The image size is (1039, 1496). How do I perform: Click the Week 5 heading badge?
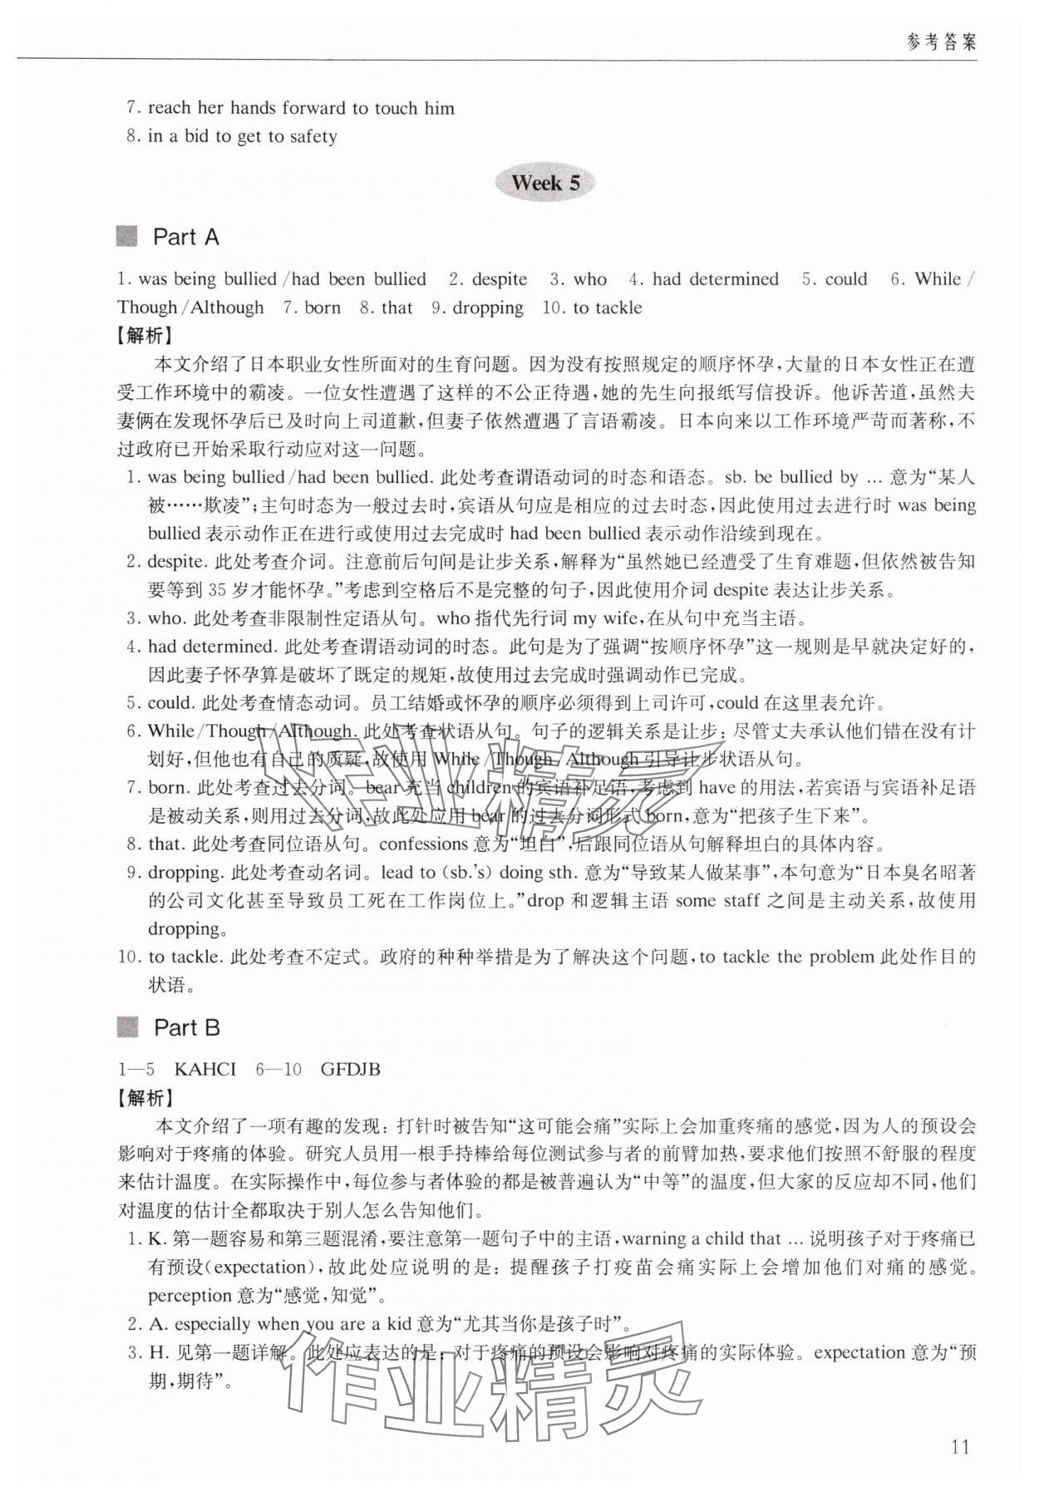coord(545,183)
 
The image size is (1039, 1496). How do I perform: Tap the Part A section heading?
coord(185,237)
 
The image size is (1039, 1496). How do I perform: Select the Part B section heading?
coord(186,1028)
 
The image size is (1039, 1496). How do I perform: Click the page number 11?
coord(959,1447)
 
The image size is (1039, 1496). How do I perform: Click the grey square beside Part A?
coord(127,237)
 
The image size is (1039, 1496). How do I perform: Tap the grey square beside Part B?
coord(127,1028)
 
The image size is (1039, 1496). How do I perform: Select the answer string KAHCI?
coord(205,1069)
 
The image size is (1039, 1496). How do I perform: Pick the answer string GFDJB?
coord(350,1069)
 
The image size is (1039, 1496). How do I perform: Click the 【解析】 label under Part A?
coord(145,335)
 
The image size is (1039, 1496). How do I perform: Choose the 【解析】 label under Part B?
coord(145,1098)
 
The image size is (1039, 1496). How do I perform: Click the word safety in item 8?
coord(313,136)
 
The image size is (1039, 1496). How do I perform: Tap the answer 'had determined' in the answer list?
coord(716,279)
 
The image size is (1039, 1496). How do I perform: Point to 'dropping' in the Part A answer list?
coord(488,308)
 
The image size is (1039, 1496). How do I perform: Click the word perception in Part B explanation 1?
coord(191,1295)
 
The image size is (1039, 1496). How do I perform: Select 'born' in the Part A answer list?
coord(323,308)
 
